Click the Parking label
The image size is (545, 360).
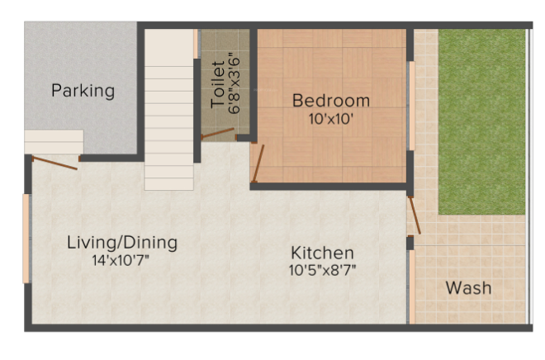[83, 90]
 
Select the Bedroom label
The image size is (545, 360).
[331, 101]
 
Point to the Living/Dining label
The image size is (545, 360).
[122, 243]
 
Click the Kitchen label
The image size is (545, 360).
[323, 253]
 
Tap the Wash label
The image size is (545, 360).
[468, 288]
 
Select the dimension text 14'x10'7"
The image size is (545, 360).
[122, 259]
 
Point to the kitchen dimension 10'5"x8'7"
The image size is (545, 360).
[323, 269]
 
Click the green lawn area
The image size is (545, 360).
[481, 120]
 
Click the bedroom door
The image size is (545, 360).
[257, 163]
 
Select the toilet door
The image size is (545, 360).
[218, 132]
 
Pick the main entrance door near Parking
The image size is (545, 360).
[54, 162]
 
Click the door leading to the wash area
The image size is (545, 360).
[414, 214]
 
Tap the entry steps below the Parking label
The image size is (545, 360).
[53, 141]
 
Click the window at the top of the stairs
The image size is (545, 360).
[197, 43]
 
